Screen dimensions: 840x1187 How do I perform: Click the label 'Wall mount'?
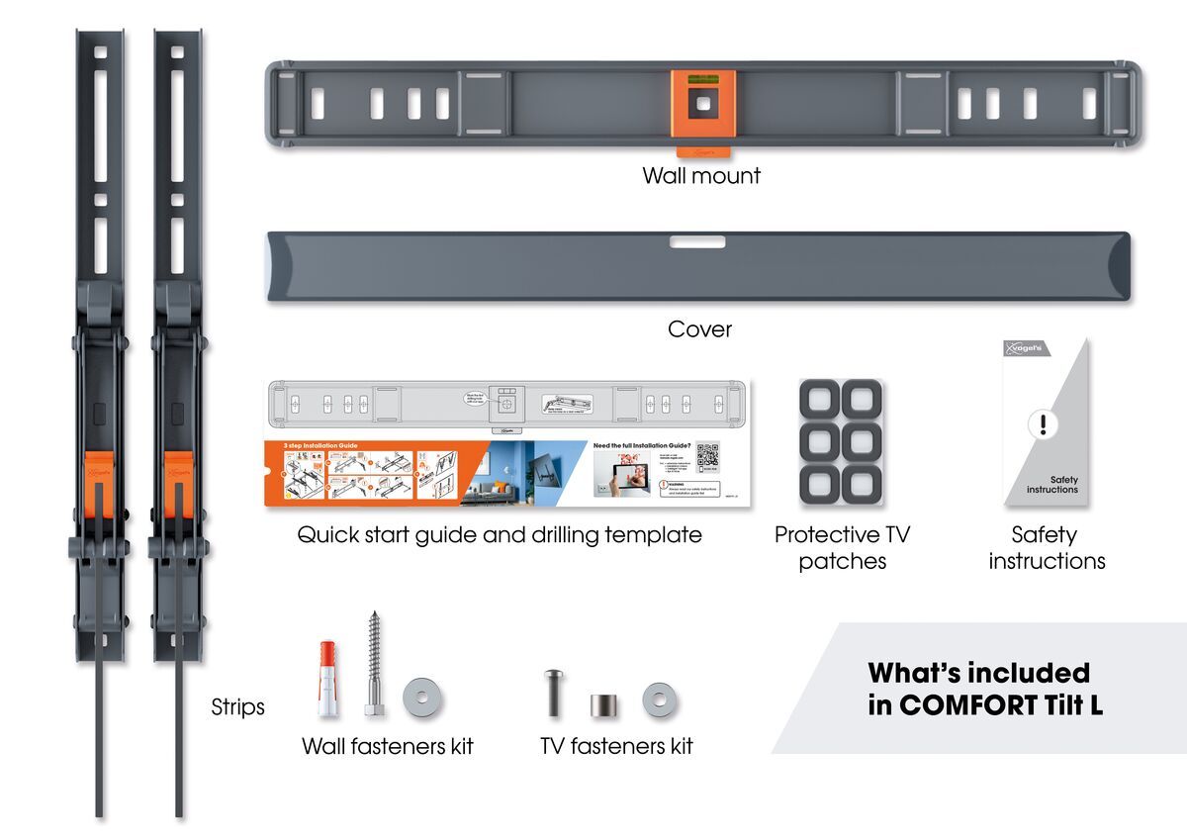click(x=701, y=176)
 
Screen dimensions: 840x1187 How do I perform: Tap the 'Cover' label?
click(x=699, y=329)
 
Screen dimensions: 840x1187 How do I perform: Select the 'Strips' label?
click(x=237, y=707)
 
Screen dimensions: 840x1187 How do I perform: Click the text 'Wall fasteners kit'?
click(x=387, y=746)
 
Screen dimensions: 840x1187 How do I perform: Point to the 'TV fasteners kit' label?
click(x=616, y=746)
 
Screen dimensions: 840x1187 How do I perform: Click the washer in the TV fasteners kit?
click(x=659, y=700)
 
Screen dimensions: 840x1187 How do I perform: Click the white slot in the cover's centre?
click(x=696, y=241)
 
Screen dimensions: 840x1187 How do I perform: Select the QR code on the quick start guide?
click(x=707, y=456)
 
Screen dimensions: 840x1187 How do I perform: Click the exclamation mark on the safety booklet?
click(x=1043, y=425)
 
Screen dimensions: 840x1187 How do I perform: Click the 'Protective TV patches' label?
click(x=843, y=548)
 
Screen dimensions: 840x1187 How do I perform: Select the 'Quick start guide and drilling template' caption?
click(x=500, y=535)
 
